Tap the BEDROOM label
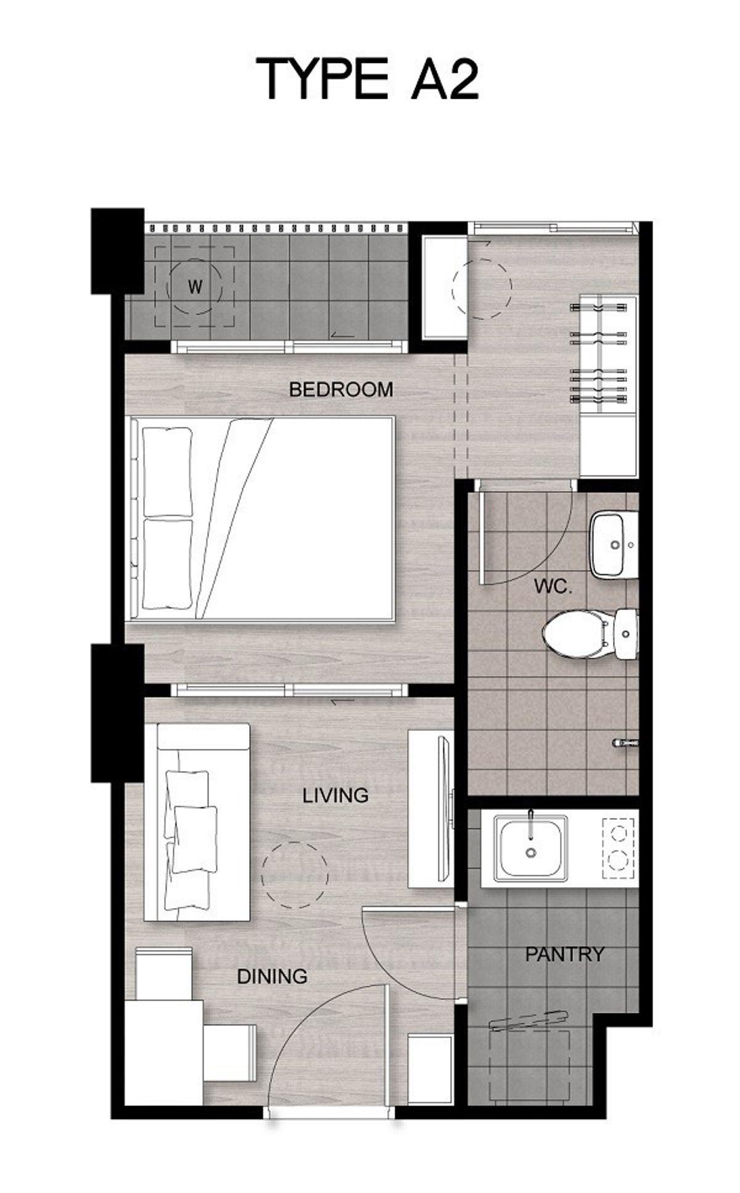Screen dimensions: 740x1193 pyautogui.click(x=341, y=389)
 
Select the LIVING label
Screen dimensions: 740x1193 pyautogui.click(x=335, y=795)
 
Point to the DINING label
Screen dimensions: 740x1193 pyautogui.click(x=273, y=976)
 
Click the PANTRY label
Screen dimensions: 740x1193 pyautogui.click(x=564, y=954)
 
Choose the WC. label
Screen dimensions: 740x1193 pyautogui.click(x=553, y=587)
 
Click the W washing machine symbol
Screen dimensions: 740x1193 pyautogui.click(x=195, y=287)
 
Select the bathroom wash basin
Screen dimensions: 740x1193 pyautogui.click(x=614, y=545)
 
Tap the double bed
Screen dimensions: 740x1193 pyautogui.click(x=261, y=518)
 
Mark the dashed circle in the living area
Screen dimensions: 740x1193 pyautogui.click(x=295, y=875)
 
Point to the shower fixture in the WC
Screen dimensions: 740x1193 pyautogui.click(x=625, y=743)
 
